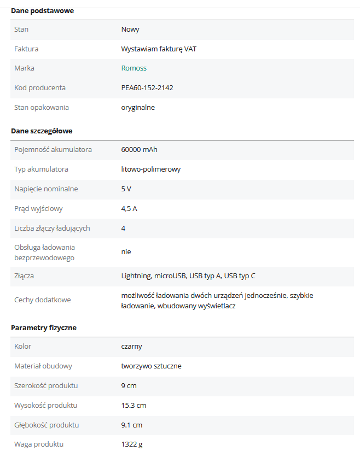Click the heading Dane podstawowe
(42, 11)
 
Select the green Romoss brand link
(133, 68)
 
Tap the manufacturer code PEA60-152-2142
(147, 88)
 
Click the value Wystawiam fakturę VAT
(159, 49)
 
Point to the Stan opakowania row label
(42, 108)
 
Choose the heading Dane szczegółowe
(42, 131)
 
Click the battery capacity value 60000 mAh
(139, 150)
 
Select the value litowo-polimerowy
(150, 169)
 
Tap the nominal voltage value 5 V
(126, 189)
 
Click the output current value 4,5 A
(129, 209)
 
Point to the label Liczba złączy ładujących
(52, 228)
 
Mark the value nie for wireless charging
(126, 252)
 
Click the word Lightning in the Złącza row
(136, 276)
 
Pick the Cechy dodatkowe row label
(42, 300)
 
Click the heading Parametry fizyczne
(44, 328)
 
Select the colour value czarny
(131, 347)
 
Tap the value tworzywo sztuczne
(151, 366)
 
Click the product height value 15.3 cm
(133, 406)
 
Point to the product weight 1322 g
(131, 444)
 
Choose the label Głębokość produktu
(47, 425)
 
